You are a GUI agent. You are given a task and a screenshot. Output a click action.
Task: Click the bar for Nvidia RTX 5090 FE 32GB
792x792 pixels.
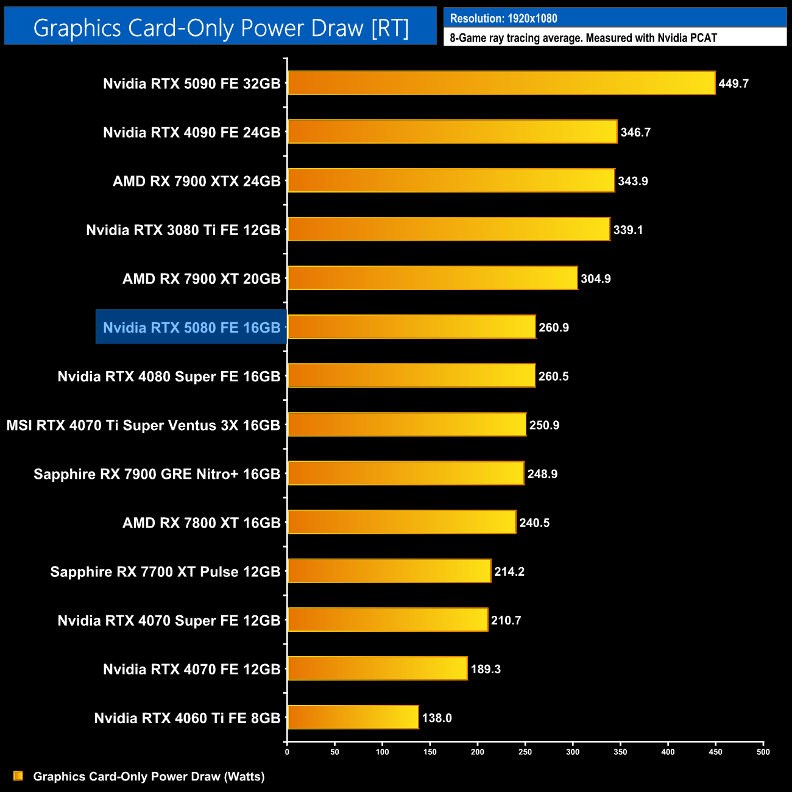[501, 83]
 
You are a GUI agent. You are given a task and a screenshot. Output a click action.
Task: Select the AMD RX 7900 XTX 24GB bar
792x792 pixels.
[451, 180]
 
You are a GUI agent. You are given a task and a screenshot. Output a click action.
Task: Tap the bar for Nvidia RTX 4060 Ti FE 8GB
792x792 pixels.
[353, 717]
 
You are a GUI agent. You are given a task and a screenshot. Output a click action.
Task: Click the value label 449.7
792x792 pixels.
[733, 83]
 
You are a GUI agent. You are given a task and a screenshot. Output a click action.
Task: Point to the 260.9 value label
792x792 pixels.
[553, 328]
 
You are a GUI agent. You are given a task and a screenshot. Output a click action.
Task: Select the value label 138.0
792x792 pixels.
[437, 718]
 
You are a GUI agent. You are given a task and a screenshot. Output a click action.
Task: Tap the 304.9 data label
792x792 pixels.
[595, 279]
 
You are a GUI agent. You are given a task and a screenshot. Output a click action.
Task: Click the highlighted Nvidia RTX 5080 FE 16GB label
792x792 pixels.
[191, 328]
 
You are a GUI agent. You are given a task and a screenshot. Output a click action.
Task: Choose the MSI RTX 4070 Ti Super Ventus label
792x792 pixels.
[143, 425]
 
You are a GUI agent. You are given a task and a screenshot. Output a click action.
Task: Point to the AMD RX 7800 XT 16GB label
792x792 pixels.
[201, 523]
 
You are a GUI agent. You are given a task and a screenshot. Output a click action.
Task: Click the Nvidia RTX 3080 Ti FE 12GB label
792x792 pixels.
[183, 230]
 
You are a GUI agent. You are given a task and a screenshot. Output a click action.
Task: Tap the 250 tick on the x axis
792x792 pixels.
[525, 752]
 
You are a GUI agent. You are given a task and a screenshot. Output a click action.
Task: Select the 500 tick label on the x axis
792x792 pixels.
[763, 752]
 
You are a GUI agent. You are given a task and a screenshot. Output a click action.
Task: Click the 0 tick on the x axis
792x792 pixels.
[287, 752]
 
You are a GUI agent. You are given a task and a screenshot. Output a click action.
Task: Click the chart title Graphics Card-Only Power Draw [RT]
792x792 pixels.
[221, 27]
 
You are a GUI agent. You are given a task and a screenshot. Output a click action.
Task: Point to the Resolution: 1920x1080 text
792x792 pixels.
[503, 18]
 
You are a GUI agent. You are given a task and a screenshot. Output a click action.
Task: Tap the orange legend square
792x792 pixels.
[18, 776]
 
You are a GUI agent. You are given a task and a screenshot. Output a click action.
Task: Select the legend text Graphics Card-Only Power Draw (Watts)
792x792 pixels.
[149, 776]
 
